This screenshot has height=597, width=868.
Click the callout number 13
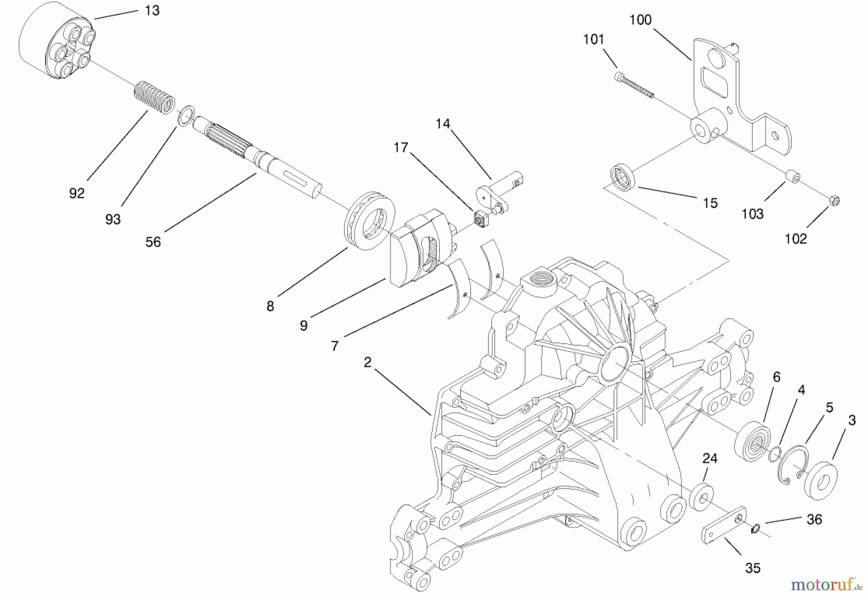coord(152,10)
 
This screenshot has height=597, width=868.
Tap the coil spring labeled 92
coord(154,98)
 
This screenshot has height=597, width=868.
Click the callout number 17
coord(401,147)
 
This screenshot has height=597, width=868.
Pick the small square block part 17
coord(480,219)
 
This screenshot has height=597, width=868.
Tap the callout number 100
coord(640,20)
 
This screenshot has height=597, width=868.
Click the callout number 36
coord(814,519)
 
